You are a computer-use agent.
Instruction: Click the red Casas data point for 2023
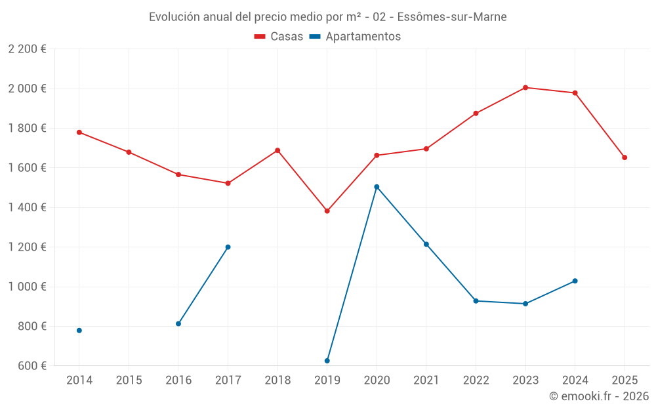tap(525, 87)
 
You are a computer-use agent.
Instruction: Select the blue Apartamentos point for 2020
tap(377, 187)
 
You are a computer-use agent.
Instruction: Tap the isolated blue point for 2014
tap(79, 331)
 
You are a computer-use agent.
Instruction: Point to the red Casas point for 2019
tap(327, 211)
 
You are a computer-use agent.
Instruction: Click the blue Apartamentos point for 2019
tap(327, 361)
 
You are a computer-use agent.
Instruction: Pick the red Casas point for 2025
tap(625, 157)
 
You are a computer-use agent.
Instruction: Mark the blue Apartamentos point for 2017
tap(228, 247)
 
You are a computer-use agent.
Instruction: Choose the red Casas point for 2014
tap(79, 133)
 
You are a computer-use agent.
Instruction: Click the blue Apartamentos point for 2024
tap(575, 281)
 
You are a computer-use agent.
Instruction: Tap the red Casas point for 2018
tap(277, 150)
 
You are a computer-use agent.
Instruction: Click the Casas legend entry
tap(279, 37)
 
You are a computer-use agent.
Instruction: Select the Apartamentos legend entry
tap(355, 37)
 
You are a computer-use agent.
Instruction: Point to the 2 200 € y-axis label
tap(27, 49)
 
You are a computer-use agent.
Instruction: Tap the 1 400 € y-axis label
tap(27, 207)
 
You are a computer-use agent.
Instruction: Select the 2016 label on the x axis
tap(178, 380)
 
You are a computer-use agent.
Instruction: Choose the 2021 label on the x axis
tap(426, 380)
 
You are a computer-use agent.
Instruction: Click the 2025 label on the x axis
tap(625, 380)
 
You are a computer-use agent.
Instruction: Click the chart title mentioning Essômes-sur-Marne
tap(327, 17)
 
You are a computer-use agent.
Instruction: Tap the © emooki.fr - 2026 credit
tap(598, 396)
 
